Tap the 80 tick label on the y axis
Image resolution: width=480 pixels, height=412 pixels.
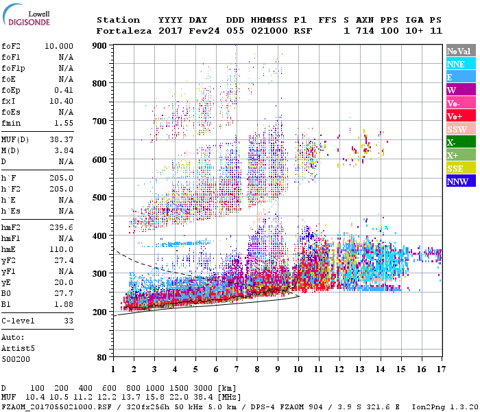click(101, 357)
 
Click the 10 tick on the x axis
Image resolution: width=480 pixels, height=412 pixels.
click(298, 369)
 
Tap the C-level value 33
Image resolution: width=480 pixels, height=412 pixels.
click(68, 321)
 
